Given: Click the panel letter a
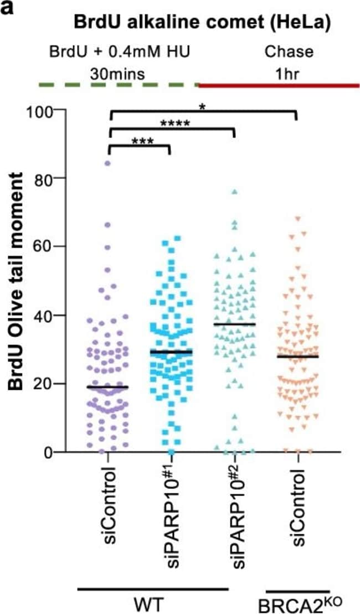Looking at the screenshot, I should [7, 7].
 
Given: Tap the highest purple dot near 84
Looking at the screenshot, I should [108, 163].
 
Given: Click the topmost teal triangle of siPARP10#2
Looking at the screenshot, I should [234, 192].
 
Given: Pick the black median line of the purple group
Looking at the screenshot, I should [108, 387].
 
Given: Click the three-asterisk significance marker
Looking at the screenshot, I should [142, 141].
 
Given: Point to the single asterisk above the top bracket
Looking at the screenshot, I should [203, 106].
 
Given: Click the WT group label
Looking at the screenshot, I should [153, 601].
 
